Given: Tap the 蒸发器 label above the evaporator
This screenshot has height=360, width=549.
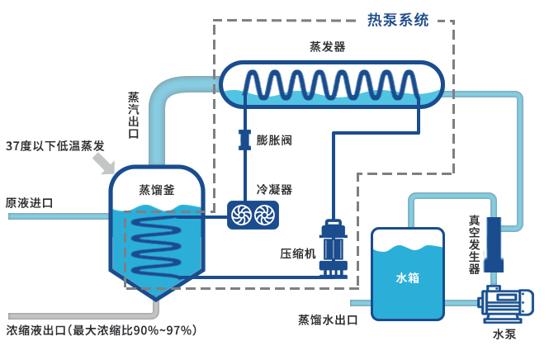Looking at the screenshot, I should point(327,48).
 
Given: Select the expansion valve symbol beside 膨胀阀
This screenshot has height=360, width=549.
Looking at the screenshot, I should point(244,140).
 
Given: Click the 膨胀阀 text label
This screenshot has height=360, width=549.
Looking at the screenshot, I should point(274,140).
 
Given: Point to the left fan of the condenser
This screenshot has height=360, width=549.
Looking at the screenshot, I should point(241,216).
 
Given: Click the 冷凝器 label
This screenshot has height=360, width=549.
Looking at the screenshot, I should point(274,189).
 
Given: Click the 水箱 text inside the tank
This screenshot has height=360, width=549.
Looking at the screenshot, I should point(407,277).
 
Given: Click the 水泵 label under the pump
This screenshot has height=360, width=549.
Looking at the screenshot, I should point(504,334).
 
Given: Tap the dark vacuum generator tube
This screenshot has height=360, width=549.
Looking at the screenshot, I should point(494,243).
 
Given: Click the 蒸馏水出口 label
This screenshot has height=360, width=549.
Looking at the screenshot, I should point(328,320).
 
